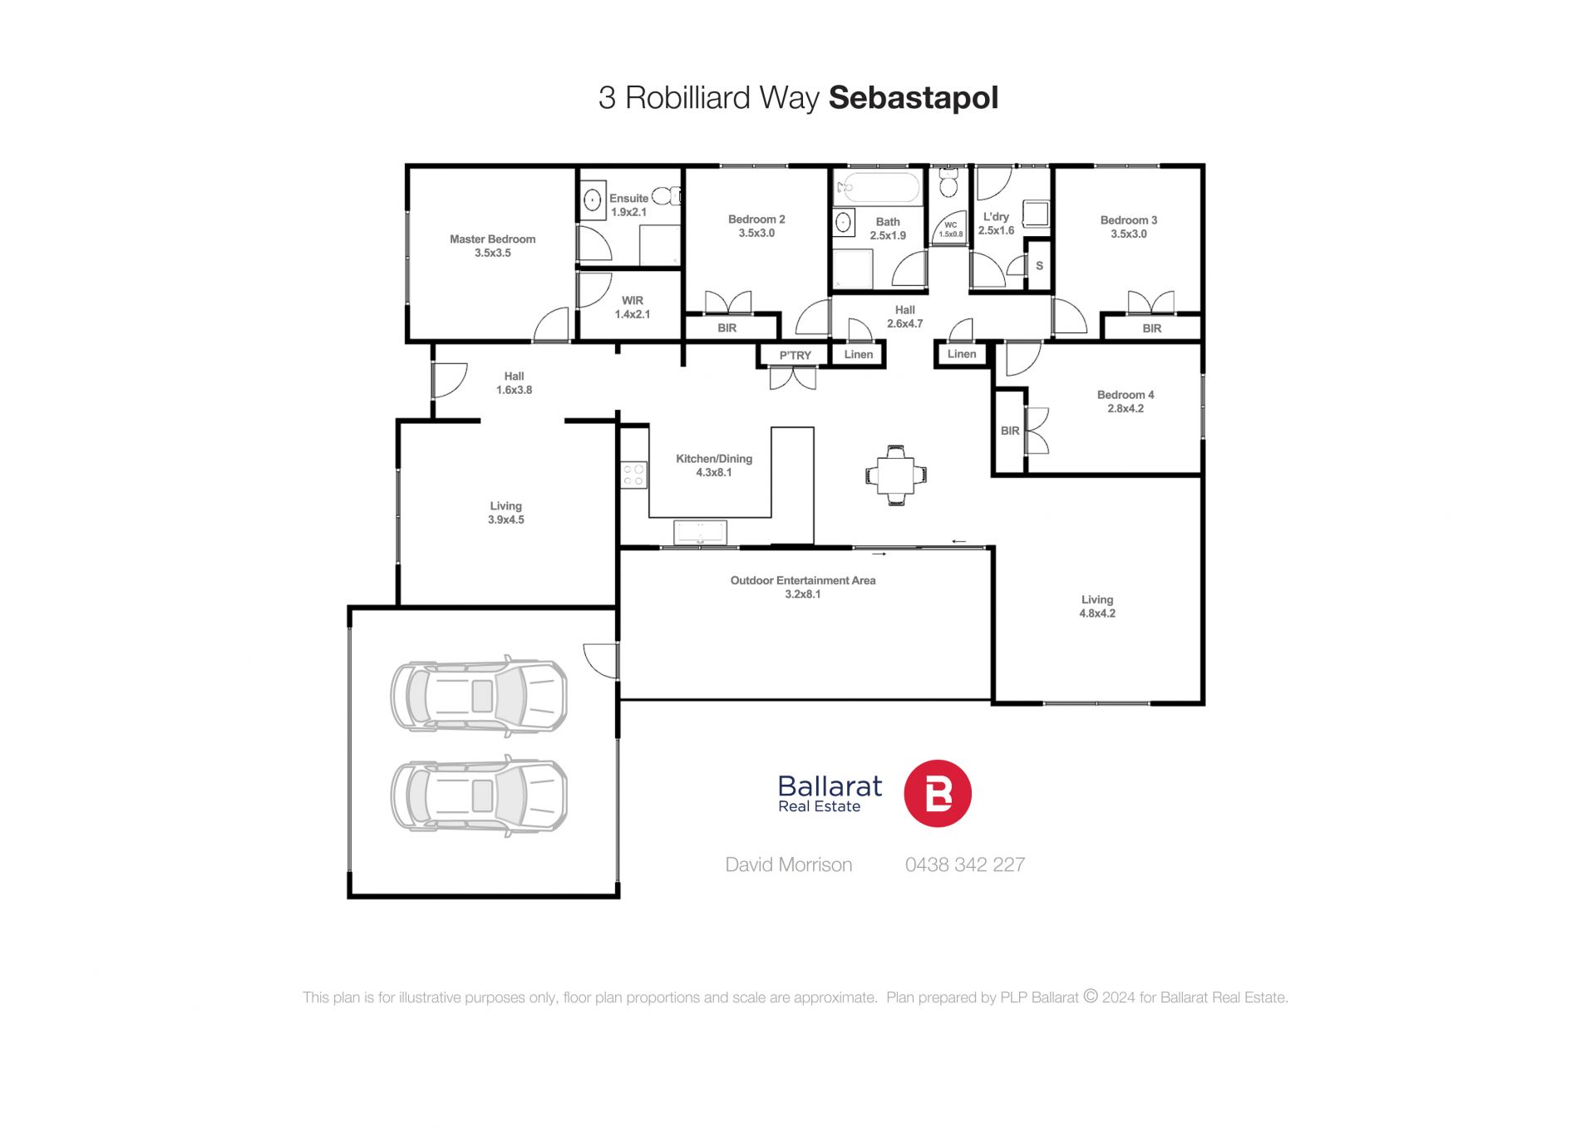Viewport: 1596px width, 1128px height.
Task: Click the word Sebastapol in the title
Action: point(914,98)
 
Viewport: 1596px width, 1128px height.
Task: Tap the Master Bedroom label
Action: point(493,239)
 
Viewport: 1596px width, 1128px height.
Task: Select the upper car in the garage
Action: point(479,696)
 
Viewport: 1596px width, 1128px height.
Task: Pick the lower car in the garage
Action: point(479,796)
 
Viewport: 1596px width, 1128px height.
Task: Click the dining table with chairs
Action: point(895,475)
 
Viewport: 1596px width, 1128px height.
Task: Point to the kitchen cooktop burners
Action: point(633,475)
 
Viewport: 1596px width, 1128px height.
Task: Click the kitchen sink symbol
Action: point(700,532)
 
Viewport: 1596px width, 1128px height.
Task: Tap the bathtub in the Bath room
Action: point(878,188)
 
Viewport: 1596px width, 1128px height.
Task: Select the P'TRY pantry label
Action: point(795,356)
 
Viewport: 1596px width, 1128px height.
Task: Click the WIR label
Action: point(633,301)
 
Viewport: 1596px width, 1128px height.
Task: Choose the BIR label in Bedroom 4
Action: point(1010,431)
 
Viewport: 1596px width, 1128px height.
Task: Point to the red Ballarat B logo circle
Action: point(938,793)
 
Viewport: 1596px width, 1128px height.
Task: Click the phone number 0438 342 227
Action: point(965,864)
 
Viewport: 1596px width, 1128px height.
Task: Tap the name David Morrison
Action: point(789,864)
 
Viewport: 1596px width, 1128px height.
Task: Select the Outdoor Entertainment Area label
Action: point(803,581)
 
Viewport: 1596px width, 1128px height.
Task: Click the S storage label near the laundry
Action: point(1039,266)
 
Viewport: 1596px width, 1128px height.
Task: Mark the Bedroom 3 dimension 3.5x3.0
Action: point(1129,234)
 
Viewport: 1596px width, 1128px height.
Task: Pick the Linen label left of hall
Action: point(859,355)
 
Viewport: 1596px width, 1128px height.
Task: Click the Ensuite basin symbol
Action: point(592,200)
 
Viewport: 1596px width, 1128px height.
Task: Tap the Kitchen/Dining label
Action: point(714,459)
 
